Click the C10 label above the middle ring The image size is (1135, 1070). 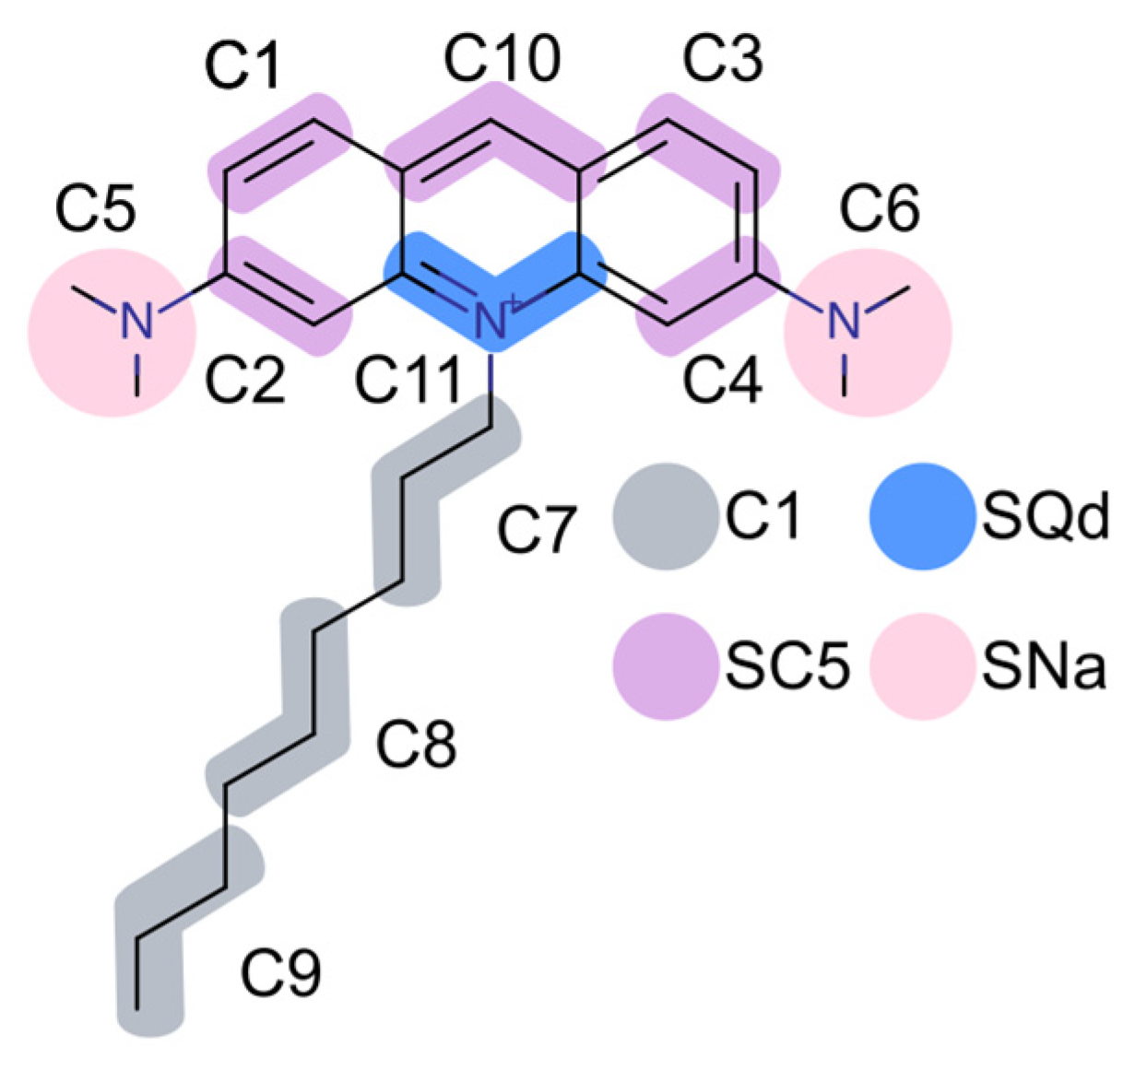pyautogui.click(x=502, y=58)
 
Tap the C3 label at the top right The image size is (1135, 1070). pyautogui.click(x=722, y=60)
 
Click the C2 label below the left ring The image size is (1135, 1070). pyautogui.click(x=244, y=379)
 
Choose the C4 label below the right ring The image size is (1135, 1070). pyautogui.click(x=722, y=379)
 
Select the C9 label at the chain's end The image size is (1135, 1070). pyautogui.click(x=281, y=972)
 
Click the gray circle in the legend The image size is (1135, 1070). pyautogui.click(x=665, y=516)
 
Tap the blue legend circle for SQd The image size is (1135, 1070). pyautogui.click(x=922, y=516)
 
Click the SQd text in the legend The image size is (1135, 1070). pyautogui.click(x=1044, y=517)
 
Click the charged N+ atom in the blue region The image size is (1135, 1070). pyautogui.click(x=492, y=321)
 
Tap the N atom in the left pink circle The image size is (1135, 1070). pyautogui.click(x=136, y=320)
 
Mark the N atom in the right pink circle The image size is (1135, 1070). pyautogui.click(x=843, y=320)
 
